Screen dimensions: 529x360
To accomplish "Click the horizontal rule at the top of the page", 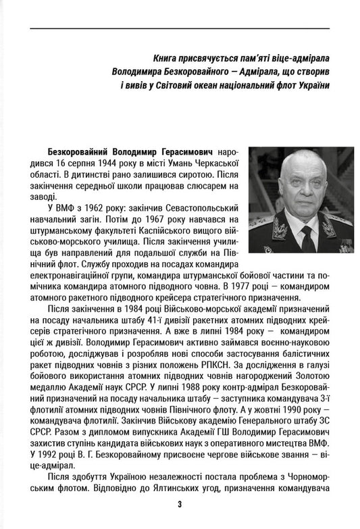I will click(x=180, y=28).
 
